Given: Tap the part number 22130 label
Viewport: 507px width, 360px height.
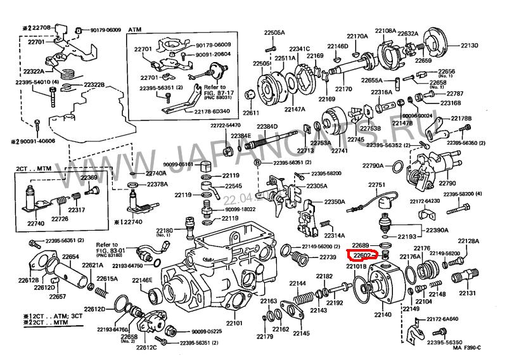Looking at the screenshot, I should click(470, 46).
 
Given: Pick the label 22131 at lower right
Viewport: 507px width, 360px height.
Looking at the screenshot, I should click(467, 293).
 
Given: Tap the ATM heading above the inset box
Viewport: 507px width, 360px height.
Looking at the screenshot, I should click(135, 30).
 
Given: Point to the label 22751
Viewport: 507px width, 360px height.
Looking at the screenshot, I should click(378, 184).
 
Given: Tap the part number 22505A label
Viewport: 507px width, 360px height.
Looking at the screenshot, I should click(274, 32).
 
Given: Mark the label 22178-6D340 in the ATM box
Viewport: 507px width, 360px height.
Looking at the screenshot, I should click(213, 112).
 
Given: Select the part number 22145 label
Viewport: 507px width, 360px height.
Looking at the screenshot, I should click(301, 333).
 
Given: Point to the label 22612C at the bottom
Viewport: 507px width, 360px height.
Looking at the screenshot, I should click(146, 347).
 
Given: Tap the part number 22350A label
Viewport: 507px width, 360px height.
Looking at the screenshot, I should click(335, 202).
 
